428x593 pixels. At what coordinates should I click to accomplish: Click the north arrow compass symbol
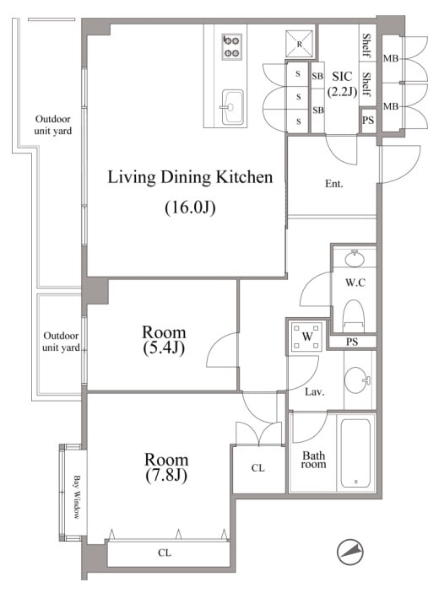[350, 552]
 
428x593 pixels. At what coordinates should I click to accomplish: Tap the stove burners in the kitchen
[231, 46]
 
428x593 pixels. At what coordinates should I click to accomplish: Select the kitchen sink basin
[232, 107]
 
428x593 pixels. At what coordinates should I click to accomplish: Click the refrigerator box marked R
[300, 44]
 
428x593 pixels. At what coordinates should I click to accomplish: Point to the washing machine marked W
[307, 337]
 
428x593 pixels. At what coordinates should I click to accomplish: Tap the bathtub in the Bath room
[355, 453]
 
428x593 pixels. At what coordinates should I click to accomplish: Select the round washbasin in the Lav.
[357, 380]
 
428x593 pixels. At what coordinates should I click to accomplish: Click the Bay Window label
[77, 497]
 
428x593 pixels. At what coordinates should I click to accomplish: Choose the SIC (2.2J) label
[342, 84]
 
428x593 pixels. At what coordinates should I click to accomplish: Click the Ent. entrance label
[333, 184]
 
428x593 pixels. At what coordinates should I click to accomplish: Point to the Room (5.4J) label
[164, 340]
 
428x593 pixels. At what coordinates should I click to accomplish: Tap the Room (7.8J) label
[166, 467]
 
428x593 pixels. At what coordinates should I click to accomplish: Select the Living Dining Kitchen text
[190, 177]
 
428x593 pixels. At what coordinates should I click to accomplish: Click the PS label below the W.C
[352, 342]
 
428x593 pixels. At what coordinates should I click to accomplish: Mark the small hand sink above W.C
[355, 258]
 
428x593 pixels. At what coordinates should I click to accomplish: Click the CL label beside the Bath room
[258, 468]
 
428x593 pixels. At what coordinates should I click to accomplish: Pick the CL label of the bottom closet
[165, 553]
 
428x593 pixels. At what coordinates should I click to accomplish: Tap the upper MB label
[391, 58]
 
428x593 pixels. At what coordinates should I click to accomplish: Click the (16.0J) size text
[190, 208]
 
